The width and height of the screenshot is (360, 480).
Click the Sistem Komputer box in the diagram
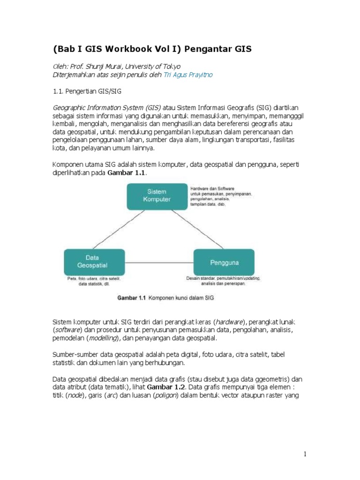click(157, 195)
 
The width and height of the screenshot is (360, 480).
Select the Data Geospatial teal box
click(94, 262)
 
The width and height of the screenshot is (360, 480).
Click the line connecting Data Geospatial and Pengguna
click(159, 262)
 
